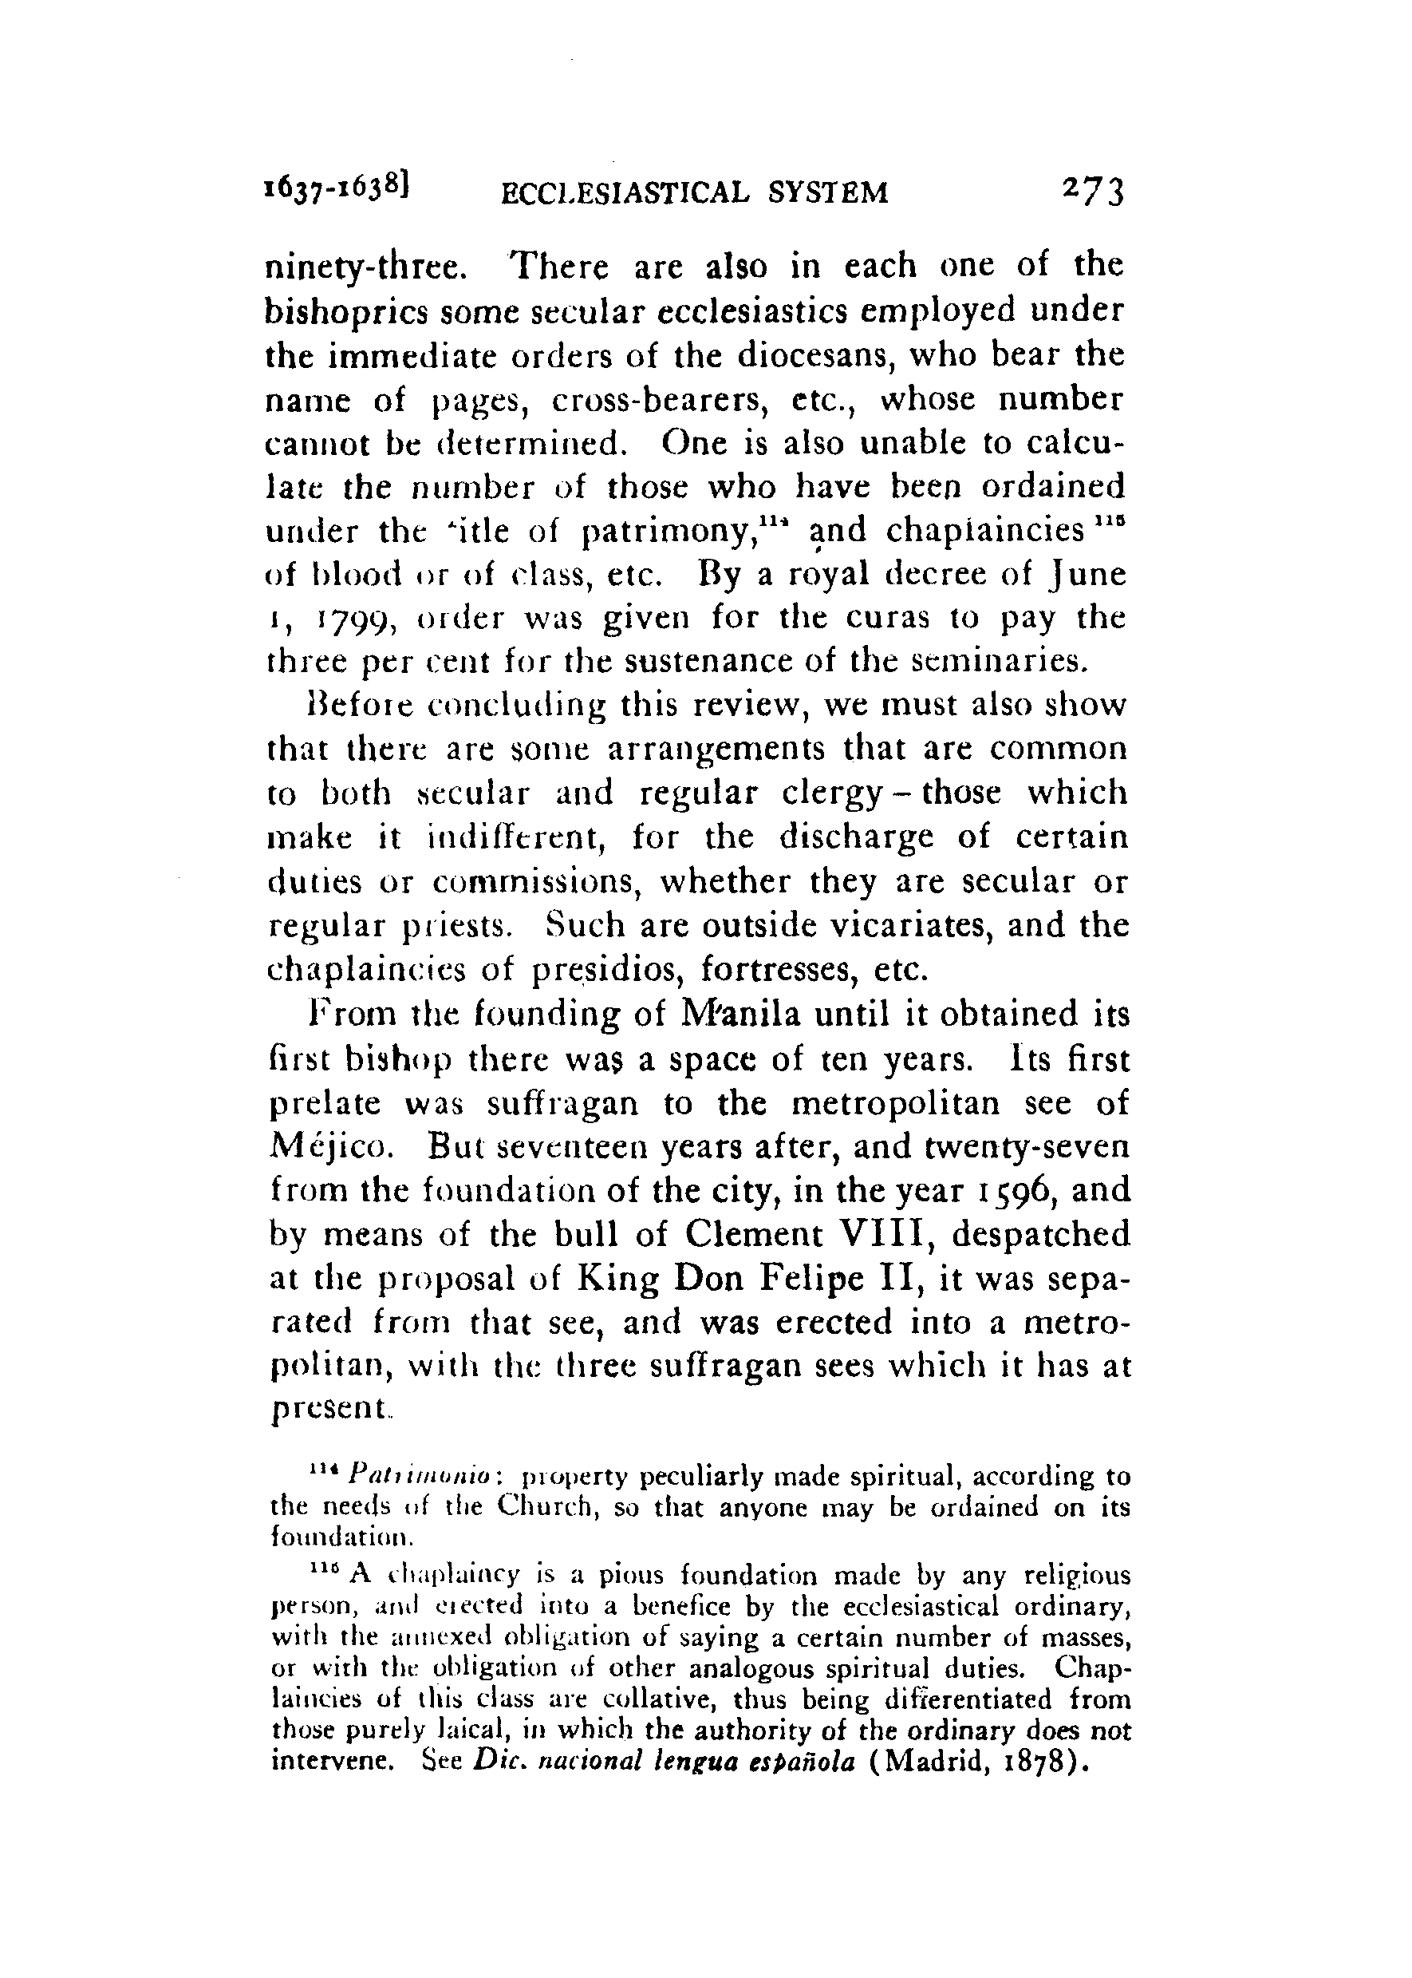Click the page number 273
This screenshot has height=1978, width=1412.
click(x=1093, y=192)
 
